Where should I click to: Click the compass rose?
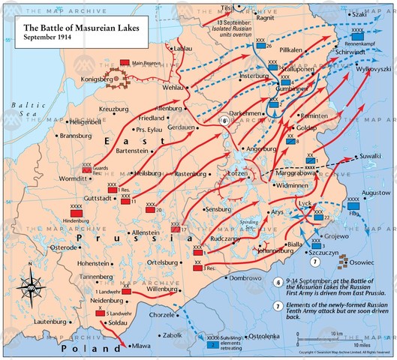pos(30,285)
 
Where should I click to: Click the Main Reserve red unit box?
pos(125,63)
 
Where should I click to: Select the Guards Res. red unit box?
pos(87,170)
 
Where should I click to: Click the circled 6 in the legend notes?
pos(278,282)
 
